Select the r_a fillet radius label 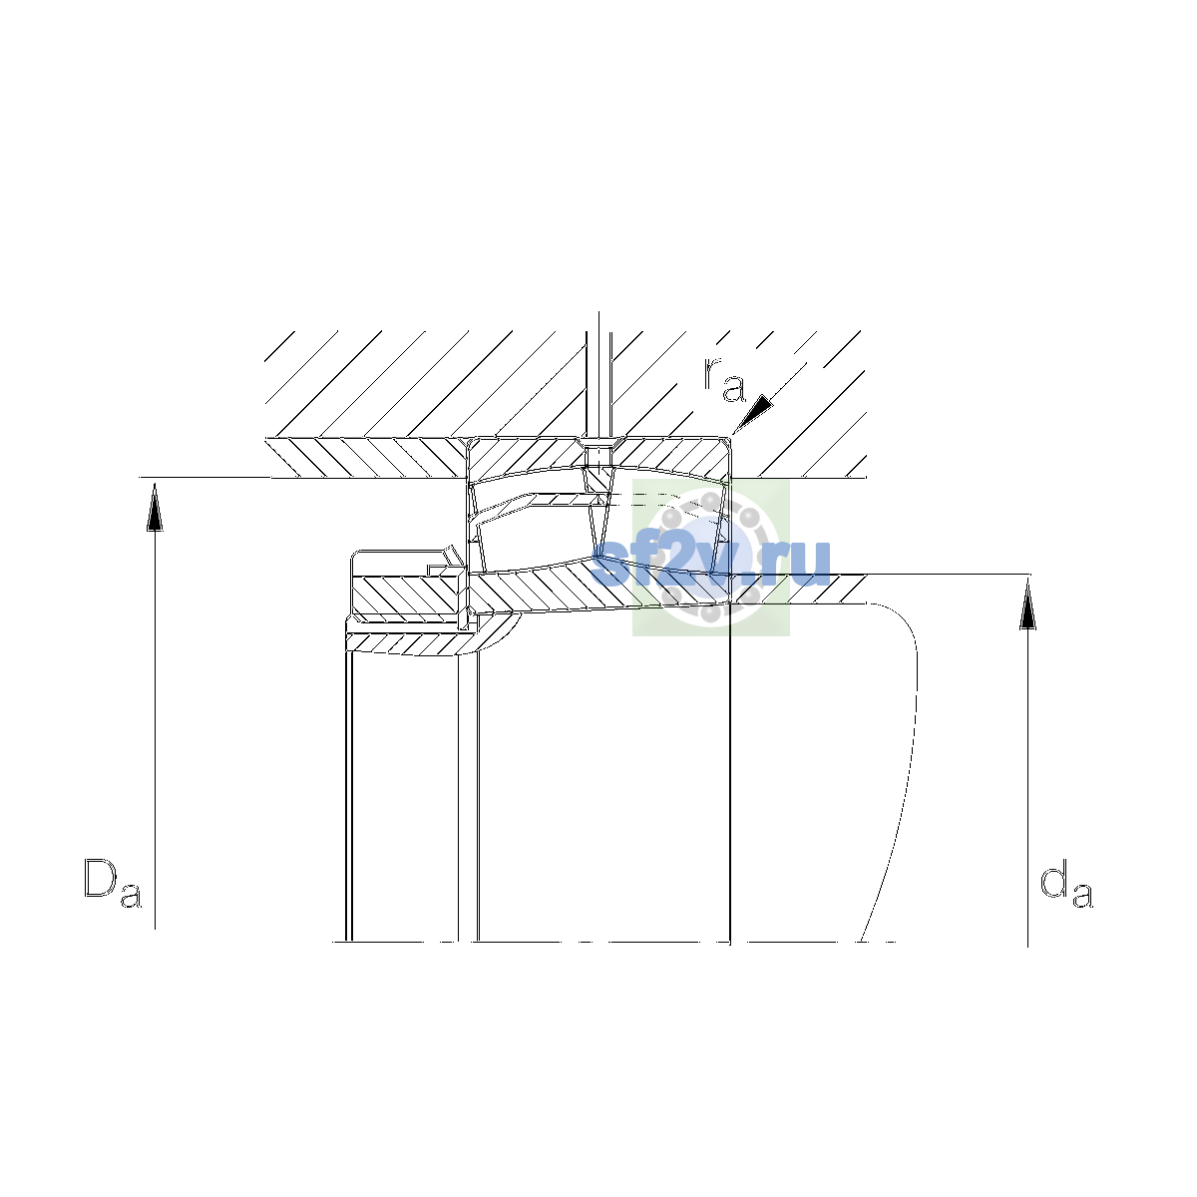724,379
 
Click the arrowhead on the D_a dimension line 155,507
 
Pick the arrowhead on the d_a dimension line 1028,604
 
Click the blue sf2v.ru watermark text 711,564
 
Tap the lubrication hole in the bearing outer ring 598,454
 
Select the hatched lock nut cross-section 408,596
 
